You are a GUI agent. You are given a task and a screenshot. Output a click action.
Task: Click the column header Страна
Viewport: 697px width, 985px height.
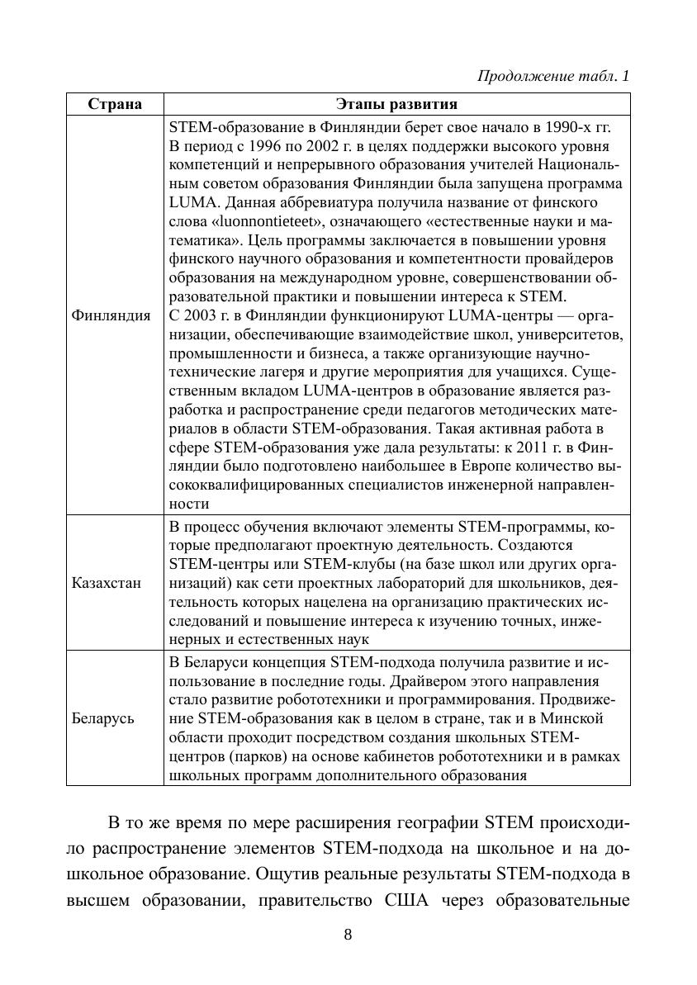115,104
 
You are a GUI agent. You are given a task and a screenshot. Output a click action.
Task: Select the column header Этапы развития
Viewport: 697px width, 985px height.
396,104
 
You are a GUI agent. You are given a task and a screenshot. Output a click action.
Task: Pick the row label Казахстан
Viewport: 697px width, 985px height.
107,583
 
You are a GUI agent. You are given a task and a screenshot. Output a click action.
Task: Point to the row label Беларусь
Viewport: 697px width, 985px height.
103,718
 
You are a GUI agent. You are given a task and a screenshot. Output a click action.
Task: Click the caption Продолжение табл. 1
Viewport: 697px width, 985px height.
553,76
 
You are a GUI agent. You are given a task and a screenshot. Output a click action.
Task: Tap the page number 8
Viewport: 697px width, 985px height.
348,935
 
